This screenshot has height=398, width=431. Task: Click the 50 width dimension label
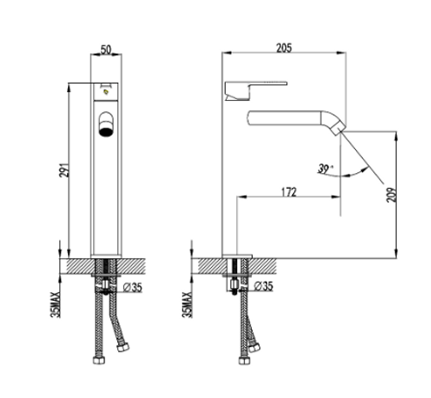(106, 49)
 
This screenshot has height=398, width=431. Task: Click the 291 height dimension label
(65, 170)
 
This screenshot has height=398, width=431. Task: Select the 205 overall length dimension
(284, 47)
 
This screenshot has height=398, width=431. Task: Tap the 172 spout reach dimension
(289, 192)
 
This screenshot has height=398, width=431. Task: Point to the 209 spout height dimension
(390, 195)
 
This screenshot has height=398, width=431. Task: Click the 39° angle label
(325, 169)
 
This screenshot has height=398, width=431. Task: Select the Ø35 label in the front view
(133, 287)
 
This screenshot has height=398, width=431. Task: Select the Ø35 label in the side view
(264, 286)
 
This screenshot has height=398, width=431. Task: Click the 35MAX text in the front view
(55, 304)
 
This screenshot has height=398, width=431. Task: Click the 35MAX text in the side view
(187, 304)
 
